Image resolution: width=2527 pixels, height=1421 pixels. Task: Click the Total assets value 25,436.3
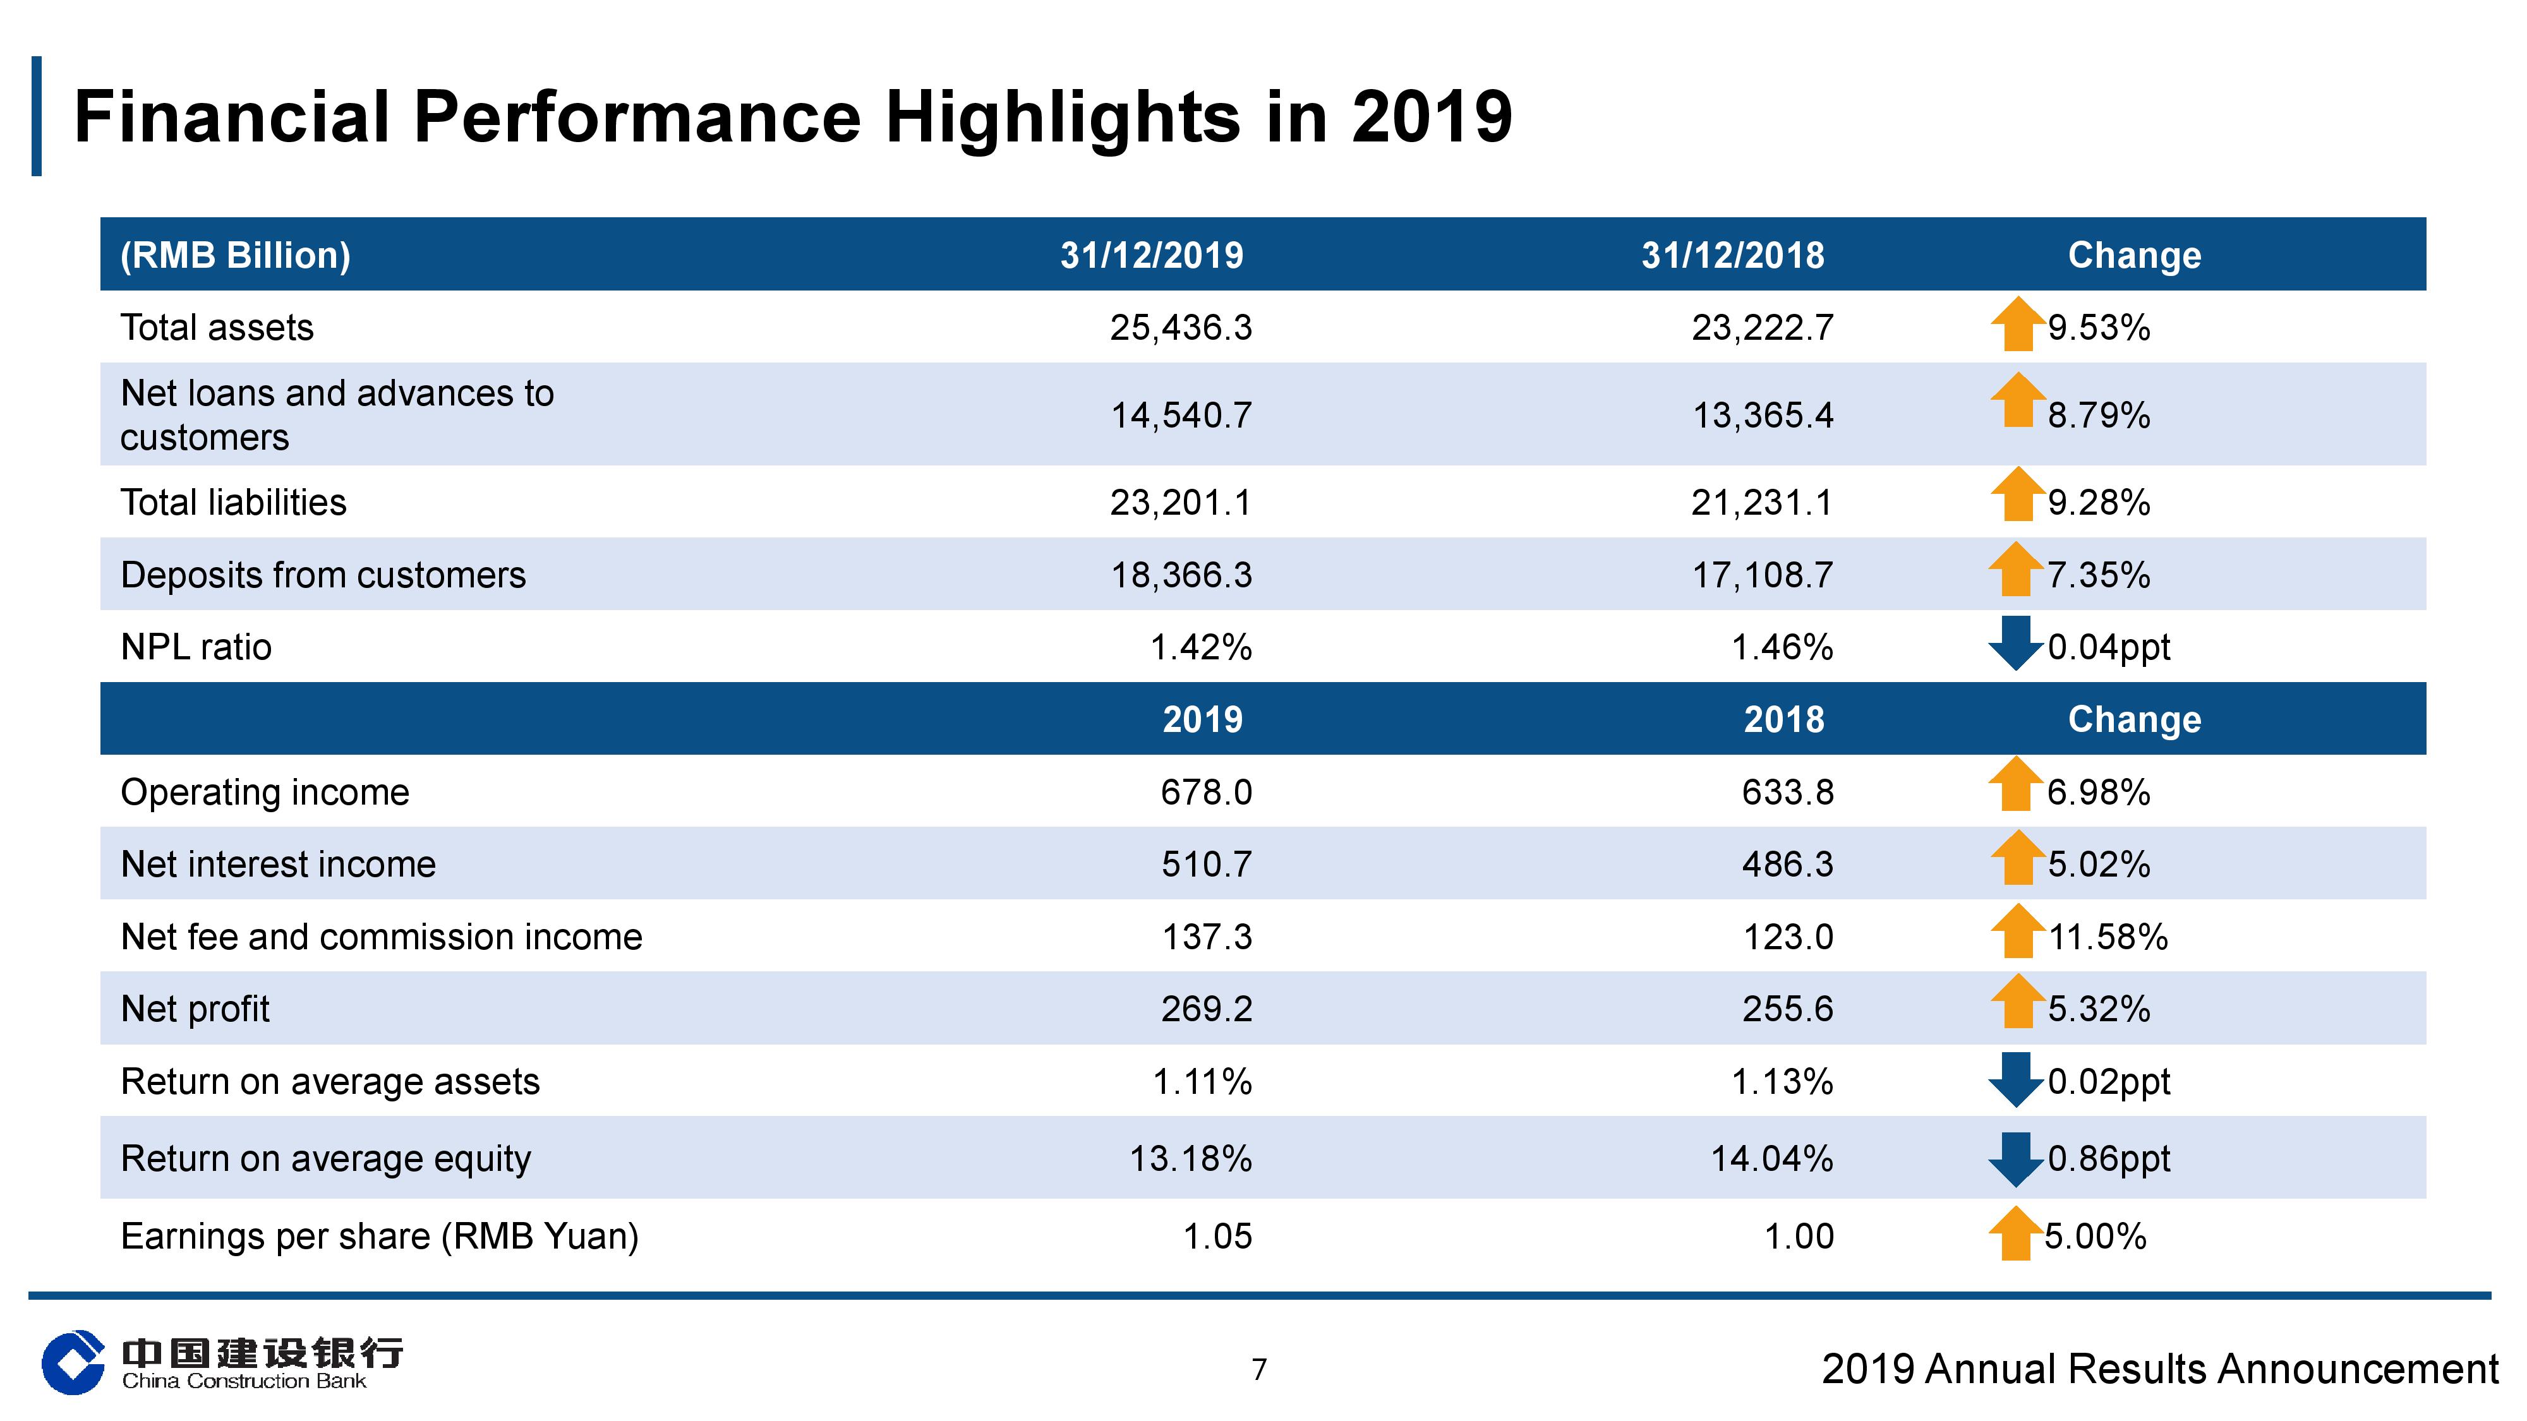[1181, 328]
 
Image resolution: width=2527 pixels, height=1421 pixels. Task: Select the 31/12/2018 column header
[1732, 255]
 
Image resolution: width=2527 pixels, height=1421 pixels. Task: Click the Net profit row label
[195, 1009]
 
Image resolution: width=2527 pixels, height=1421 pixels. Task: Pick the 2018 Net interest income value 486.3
[1787, 864]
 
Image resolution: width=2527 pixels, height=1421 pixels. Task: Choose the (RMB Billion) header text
[236, 255]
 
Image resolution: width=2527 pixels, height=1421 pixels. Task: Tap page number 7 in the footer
[1260, 1369]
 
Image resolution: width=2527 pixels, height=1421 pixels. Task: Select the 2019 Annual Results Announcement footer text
[2160, 1369]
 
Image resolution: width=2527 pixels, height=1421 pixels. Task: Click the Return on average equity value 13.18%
[1191, 1158]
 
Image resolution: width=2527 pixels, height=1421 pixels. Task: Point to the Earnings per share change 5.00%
[2096, 1236]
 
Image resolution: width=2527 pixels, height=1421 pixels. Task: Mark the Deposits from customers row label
[323, 575]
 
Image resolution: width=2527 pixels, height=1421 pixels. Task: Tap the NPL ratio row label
[196, 647]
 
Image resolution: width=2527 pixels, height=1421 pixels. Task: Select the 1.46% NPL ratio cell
[1782, 647]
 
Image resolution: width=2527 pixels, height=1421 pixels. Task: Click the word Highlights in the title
[1064, 117]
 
